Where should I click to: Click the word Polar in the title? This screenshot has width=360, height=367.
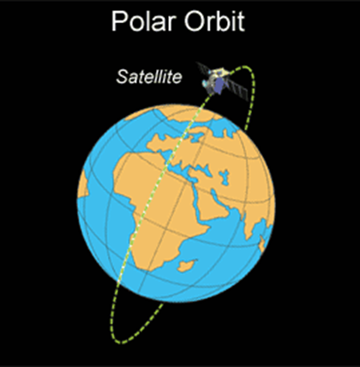coord(145,21)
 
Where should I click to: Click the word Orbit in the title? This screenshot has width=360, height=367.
coord(215,21)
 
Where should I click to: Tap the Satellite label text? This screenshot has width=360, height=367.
coord(149,77)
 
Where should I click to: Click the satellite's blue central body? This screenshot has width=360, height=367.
coord(219,86)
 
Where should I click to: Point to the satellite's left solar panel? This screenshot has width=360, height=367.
coord(203,69)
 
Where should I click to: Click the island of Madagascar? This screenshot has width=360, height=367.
coord(187,265)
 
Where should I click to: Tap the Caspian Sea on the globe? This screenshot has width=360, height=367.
coord(225,177)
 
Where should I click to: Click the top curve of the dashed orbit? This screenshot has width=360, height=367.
coord(248,69)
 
